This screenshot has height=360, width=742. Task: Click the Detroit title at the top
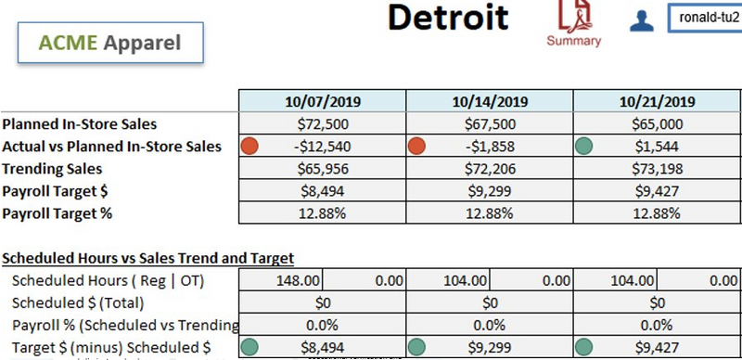click(447, 17)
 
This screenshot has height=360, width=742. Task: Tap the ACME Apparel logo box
click(110, 43)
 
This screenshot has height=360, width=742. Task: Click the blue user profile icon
click(641, 20)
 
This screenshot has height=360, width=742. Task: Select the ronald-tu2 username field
click(703, 18)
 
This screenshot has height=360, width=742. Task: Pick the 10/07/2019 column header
click(322, 102)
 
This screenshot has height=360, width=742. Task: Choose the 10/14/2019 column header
click(490, 102)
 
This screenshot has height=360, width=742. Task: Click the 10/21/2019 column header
click(657, 102)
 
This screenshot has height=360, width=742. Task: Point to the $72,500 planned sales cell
click(322, 123)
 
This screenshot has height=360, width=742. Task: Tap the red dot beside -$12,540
click(249, 146)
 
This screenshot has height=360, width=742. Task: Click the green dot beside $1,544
click(583, 146)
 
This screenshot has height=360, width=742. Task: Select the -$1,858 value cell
click(490, 146)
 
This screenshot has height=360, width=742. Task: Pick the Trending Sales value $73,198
click(657, 168)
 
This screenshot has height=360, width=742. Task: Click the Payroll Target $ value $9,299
click(490, 190)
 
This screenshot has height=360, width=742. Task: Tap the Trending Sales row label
click(52, 168)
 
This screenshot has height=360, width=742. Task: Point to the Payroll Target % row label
click(60, 212)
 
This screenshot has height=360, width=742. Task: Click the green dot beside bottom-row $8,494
click(249, 348)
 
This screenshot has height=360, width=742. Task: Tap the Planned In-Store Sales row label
click(79, 123)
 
